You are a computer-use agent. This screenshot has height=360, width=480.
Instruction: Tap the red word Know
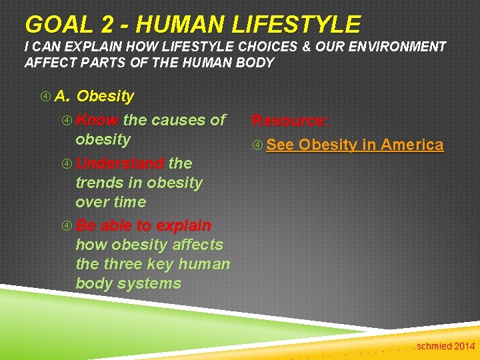click(x=97, y=120)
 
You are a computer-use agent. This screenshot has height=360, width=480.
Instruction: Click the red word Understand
click(x=120, y=163)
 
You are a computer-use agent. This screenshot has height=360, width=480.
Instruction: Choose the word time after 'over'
click(x=130, y=202)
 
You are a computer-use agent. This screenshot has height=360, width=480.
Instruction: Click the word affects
click(x=198, y=245)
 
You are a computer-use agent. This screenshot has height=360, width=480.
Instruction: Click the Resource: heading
click(x=290, y=121)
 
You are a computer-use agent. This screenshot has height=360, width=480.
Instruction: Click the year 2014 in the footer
click(x=464, y=346)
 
